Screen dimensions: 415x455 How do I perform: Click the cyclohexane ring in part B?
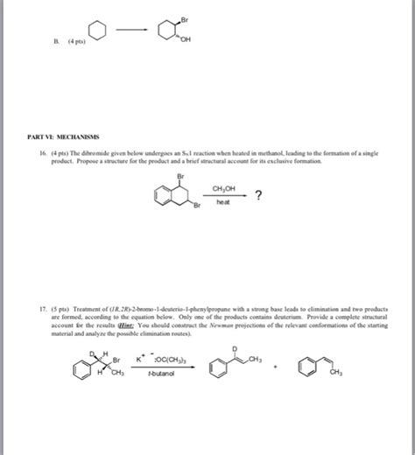[97, 34]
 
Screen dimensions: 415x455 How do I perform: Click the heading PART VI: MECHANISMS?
[62, 136]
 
